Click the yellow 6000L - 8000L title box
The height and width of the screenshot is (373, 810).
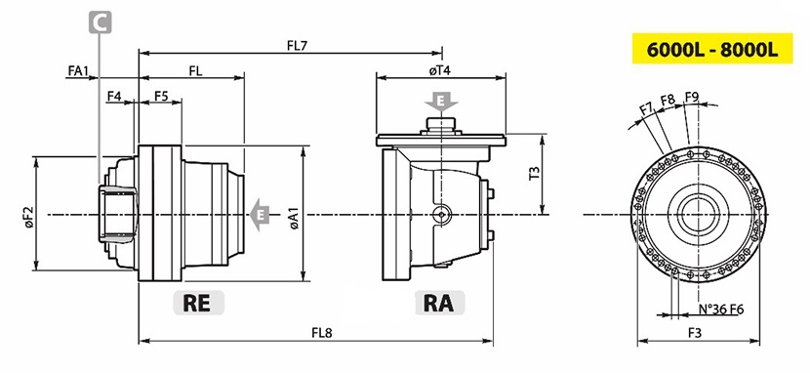[x=712, y=49]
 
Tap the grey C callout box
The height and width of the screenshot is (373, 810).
[x=101, y=22]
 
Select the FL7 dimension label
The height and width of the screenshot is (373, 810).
[x=297, y=46]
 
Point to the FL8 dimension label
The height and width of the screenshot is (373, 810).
[x=321, y=333]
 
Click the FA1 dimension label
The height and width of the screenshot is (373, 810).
[x=78, y=70]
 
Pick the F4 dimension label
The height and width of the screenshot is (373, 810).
[x=114, y=96]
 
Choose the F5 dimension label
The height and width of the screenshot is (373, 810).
[x=161, y=96]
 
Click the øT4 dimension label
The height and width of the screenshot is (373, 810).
[x=439, y=70]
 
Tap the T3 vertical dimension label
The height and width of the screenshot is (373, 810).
[x=535, y=173]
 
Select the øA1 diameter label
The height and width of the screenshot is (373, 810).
[x=295, y=219]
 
